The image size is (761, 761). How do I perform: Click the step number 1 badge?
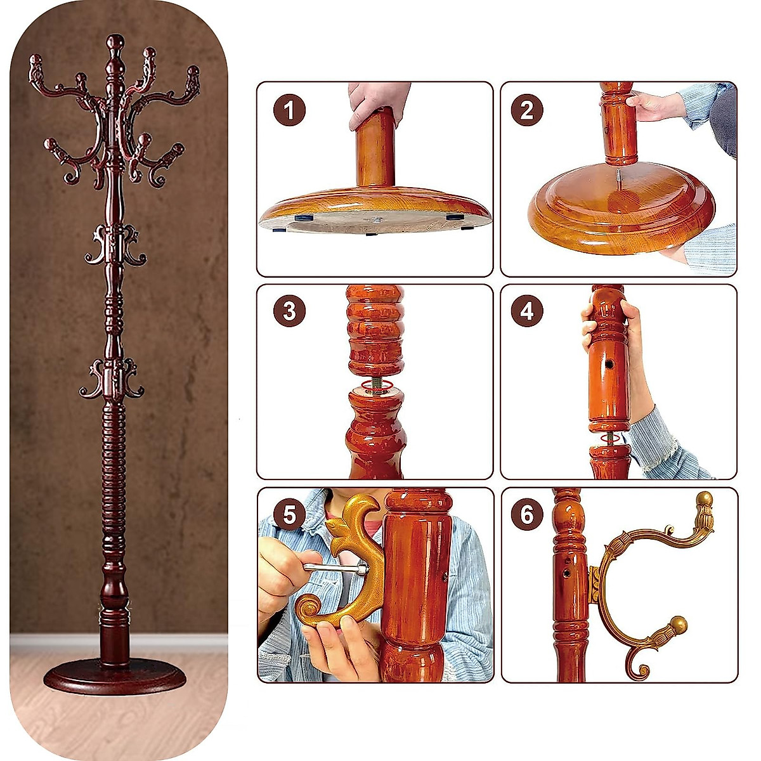coord(289,111)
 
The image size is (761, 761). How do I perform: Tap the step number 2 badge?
coord(527,111)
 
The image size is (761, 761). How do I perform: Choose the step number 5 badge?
coord(289,515)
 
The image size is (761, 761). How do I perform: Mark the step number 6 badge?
coord(527,515)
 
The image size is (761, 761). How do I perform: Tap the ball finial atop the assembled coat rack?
coord(115,46)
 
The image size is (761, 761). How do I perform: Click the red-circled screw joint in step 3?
coord(376,384)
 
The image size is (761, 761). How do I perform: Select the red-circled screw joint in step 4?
coord(609,437)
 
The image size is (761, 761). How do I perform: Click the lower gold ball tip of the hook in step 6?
coord(679,623)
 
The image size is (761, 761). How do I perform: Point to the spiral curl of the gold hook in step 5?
coord(311,608)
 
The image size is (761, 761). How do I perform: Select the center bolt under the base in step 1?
coord(376,219)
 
